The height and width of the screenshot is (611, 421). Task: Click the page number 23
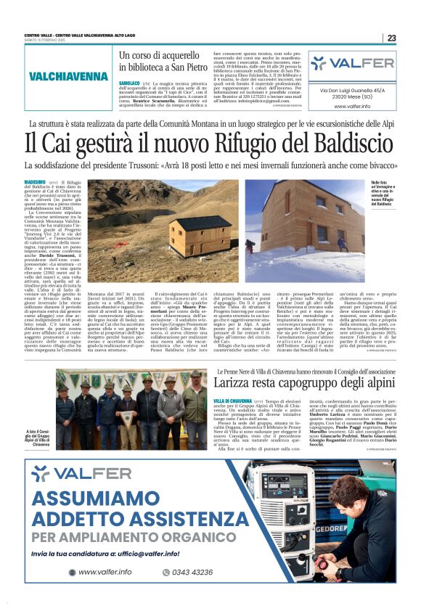391,38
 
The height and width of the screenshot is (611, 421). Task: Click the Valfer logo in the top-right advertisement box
351,63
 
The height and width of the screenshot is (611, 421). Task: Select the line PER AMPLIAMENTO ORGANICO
123,537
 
